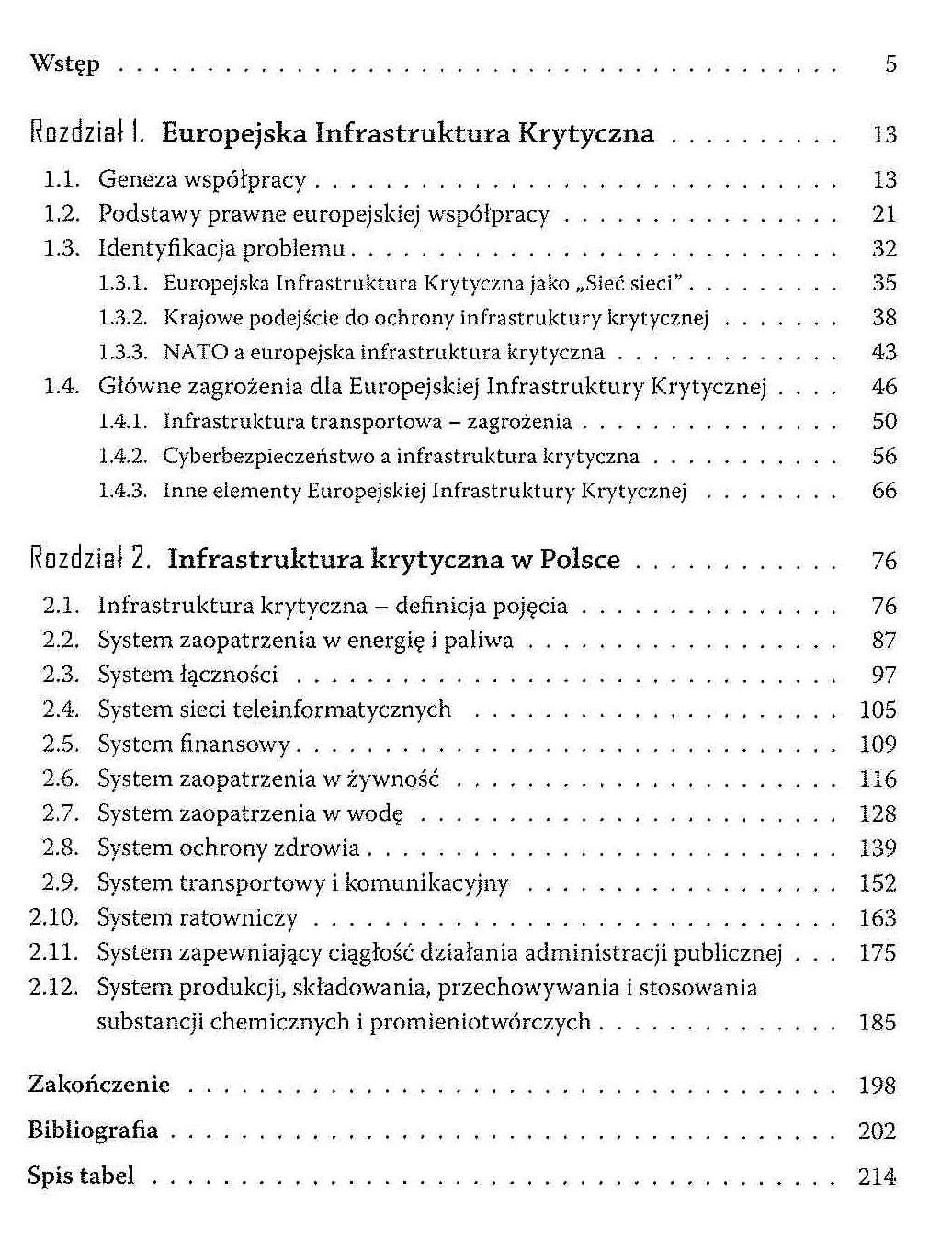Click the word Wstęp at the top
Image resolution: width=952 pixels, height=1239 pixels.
64,64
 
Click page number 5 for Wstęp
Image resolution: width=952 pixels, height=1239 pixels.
890,64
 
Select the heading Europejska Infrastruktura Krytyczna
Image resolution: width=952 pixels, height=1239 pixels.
408,133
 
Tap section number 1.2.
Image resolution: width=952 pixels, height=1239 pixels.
62,214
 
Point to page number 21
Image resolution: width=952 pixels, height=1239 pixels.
884,214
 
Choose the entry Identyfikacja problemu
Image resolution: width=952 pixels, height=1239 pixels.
221,248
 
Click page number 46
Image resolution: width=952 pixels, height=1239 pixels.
884,387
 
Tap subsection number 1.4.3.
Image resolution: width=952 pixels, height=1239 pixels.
122,491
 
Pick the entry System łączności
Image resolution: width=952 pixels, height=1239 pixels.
187,675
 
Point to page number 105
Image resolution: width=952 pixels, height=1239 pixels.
878,710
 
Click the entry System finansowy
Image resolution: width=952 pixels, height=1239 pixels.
194,744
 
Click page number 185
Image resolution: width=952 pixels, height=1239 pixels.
878,1022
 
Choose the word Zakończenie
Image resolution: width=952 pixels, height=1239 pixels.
99,1085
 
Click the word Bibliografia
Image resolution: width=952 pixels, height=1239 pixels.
93,1130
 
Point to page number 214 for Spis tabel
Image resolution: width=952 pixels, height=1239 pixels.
878,1176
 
